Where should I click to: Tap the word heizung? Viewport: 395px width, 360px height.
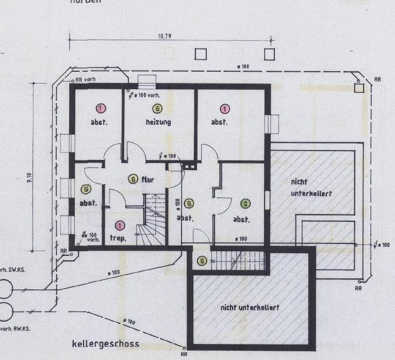click(158, 122)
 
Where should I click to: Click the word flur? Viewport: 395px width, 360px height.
click(148, 179)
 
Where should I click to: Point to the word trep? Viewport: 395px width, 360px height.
click(118, 238)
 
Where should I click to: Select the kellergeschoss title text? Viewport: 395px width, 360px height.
click(106, 343)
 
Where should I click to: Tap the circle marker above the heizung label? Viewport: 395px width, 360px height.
click(157, 108)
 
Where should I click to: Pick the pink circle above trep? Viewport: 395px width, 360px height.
click(120, 225)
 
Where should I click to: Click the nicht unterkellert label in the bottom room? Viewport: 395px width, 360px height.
click(250, 307)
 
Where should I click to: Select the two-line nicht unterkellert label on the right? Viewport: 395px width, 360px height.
click(310, 187)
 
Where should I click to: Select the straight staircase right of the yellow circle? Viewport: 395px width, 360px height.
click(239, 260)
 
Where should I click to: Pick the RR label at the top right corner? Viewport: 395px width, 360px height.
click(377, 79)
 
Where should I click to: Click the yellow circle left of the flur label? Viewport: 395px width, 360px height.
click(133, 179)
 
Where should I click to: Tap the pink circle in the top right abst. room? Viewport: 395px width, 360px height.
click(224, 108)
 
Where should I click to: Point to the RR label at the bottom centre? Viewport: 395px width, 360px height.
click(184, 355)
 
